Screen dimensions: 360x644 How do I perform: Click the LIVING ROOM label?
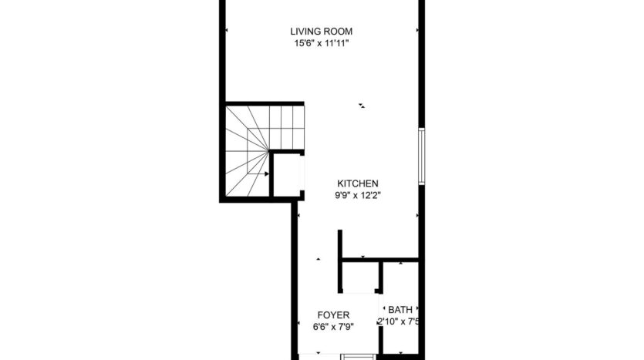[x=321, y=32]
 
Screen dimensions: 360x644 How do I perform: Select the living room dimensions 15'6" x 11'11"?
[x=321, y=43]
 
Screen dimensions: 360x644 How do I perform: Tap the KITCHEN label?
[x=357, y=183]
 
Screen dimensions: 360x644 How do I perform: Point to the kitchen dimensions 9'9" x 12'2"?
[x=357, y=196]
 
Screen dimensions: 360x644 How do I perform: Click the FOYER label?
[x=334, y=315]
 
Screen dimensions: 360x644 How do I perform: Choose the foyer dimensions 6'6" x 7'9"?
[x=334, y=327]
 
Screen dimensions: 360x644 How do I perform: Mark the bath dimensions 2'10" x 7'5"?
[x=398, y=321]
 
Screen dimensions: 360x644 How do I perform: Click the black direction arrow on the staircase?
[x=267, y=174]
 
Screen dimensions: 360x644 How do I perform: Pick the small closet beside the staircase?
[x=287, y=175]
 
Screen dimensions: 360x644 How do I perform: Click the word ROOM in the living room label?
[x=339, y=32]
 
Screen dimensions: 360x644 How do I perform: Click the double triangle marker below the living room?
[x=361, y=105]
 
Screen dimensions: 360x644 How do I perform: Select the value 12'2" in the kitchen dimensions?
[x=371, y=196]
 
